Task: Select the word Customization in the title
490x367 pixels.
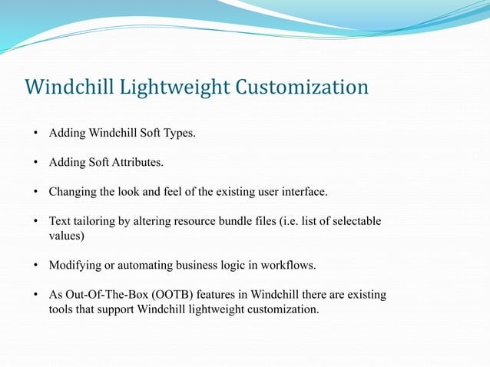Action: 302,88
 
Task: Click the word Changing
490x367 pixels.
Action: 73,191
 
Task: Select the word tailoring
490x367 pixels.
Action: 94,221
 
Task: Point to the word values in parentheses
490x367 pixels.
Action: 65,236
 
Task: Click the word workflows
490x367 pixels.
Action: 288,265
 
